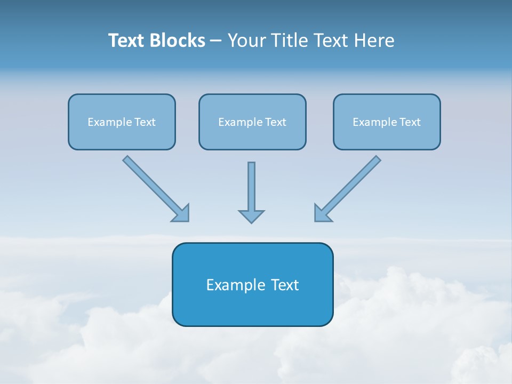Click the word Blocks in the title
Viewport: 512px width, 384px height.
coord(178,41)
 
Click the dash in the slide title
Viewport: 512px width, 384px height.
coord(216,41)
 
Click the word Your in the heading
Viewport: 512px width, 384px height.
coord(246,41)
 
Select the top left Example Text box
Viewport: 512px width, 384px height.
coord(122,122)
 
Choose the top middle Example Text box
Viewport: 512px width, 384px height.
coord(252,122)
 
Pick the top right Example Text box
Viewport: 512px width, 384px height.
coord(387,122)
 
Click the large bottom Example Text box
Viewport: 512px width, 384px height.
coord(252,284)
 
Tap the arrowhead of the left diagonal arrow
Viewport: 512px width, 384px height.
coord(181,213)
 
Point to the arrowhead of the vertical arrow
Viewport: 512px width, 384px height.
coord(251,216)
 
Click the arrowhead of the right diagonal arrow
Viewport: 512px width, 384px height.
coord(322,213)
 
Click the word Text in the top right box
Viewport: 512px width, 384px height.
coord(410,122)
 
